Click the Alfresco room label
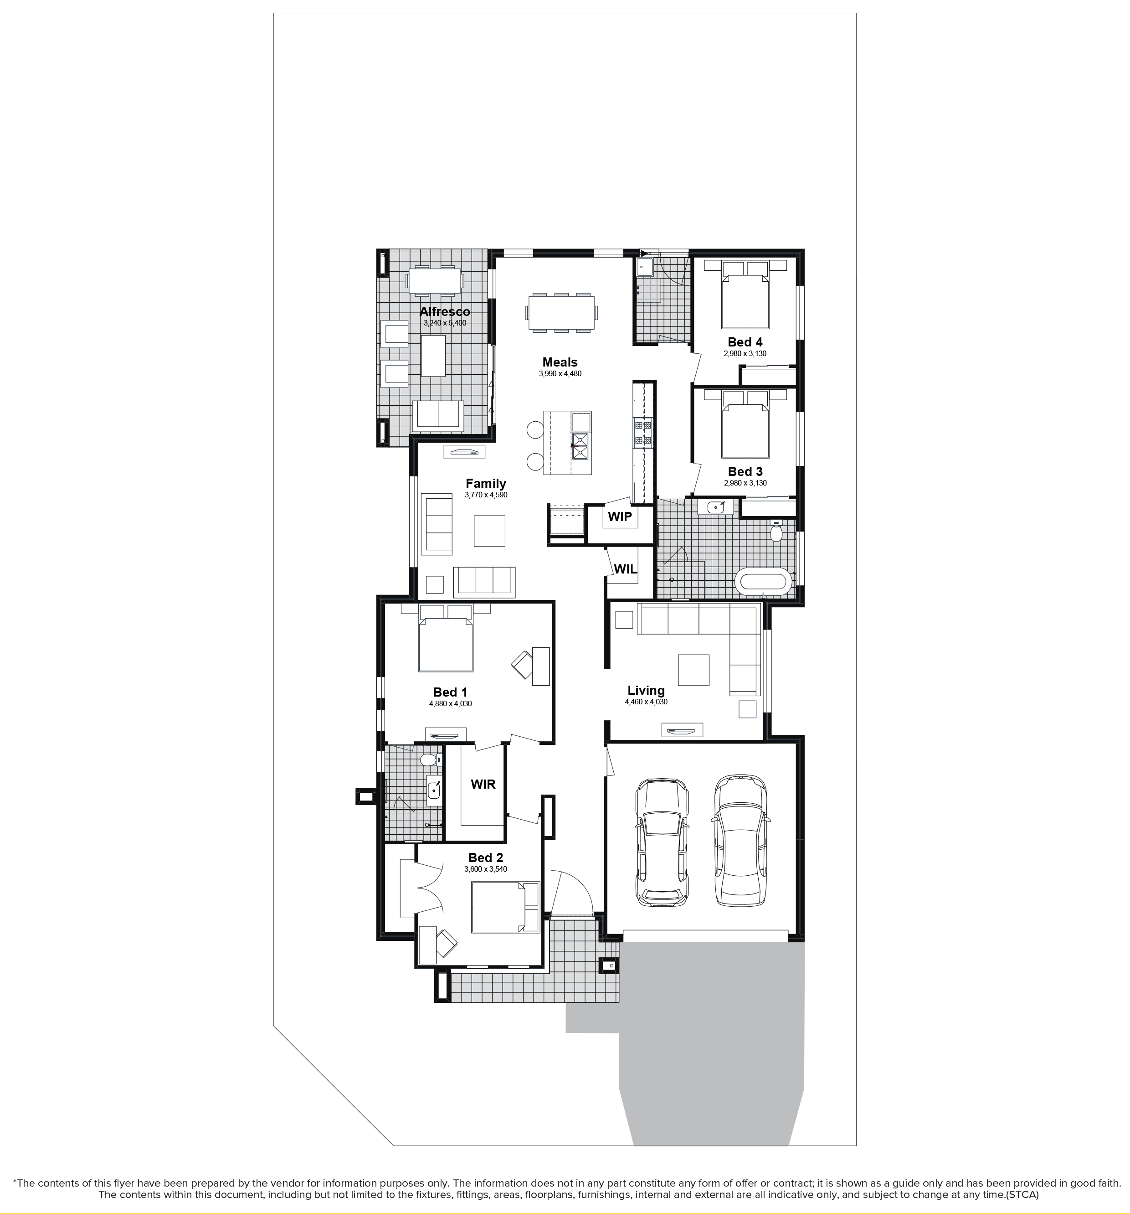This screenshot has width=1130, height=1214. pyautogui.click(x=444, y=311)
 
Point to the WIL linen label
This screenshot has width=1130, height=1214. pyautogui.click(x=625, y=569)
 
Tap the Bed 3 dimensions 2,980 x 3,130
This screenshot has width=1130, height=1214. pyautogui.click(x=745, y=483)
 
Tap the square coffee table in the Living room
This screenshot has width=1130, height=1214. pyautogui.click(x=693, y=670)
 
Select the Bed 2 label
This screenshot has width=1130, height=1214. pyautogui.click(x=485, y=858)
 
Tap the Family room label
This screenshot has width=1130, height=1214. pyautogui.click(x=485, y=484)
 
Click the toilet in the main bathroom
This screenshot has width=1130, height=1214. pyautogui.click(x=776, y=532)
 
